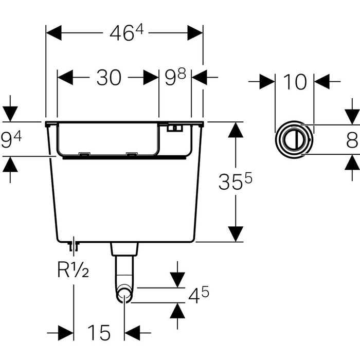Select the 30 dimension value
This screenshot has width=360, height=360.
click(x=109, y=78)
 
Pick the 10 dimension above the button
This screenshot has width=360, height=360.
click(x=295, y=81)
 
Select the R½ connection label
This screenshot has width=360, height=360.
click(x=73, y=268)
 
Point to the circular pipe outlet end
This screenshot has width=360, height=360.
click(x=124, y=296)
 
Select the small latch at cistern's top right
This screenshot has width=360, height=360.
click(x=174, y=128)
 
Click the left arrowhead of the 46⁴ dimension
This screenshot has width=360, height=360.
click(x=54, y=33)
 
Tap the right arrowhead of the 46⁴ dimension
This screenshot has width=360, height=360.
click(x=195, y=33)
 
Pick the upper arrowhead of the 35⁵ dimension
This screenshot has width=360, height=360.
click(x=236, y=130)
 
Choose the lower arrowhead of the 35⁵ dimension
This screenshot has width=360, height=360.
click(x=236, y=233)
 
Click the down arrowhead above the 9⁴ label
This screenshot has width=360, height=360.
click(x=10, y=114)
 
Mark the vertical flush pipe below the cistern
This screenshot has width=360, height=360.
click(x=124, y=270)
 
